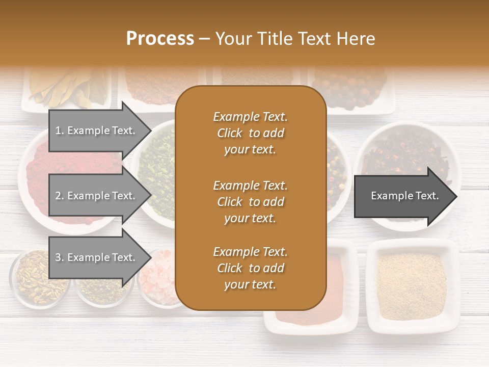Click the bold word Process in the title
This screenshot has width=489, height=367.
tap(160, 38)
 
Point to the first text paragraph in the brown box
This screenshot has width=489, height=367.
tap(250, 133)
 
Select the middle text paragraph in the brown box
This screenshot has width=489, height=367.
tap(250, 202)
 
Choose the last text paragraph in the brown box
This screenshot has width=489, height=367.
tap(250, 268)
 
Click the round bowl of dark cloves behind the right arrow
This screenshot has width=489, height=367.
tap(407, 153)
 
